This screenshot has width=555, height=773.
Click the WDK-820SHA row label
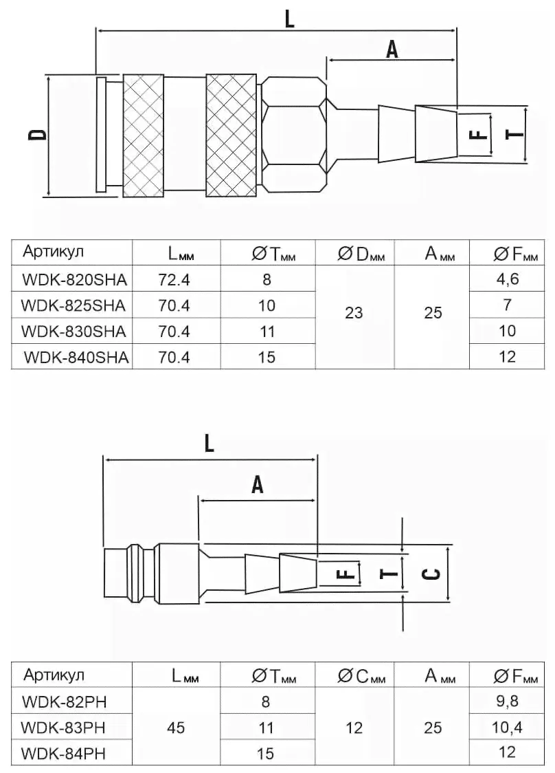point(72,279)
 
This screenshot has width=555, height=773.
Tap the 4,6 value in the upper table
point(508,279)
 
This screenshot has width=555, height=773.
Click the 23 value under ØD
point(354,313)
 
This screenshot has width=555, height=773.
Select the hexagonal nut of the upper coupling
point(293,134)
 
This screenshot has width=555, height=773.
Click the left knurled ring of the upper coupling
point(144,134)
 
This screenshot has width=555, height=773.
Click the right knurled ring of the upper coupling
point(232,134)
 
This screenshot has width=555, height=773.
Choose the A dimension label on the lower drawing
point(258,486)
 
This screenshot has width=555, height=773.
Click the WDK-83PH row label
point(63,727)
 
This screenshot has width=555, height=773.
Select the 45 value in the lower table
point(177,727)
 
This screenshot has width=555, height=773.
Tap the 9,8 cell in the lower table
point(508,701)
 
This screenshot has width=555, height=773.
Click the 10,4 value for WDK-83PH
point(508,727)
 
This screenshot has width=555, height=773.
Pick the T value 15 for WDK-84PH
point(267,753)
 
